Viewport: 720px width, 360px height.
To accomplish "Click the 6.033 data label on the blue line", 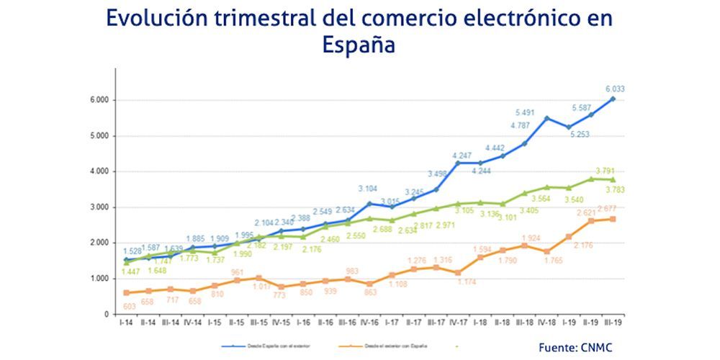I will (614, 89).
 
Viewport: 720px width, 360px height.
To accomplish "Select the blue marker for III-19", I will (613, 99).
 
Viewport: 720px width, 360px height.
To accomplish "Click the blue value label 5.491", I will (526, 112).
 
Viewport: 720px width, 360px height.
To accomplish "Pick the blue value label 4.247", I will (462, 155).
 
